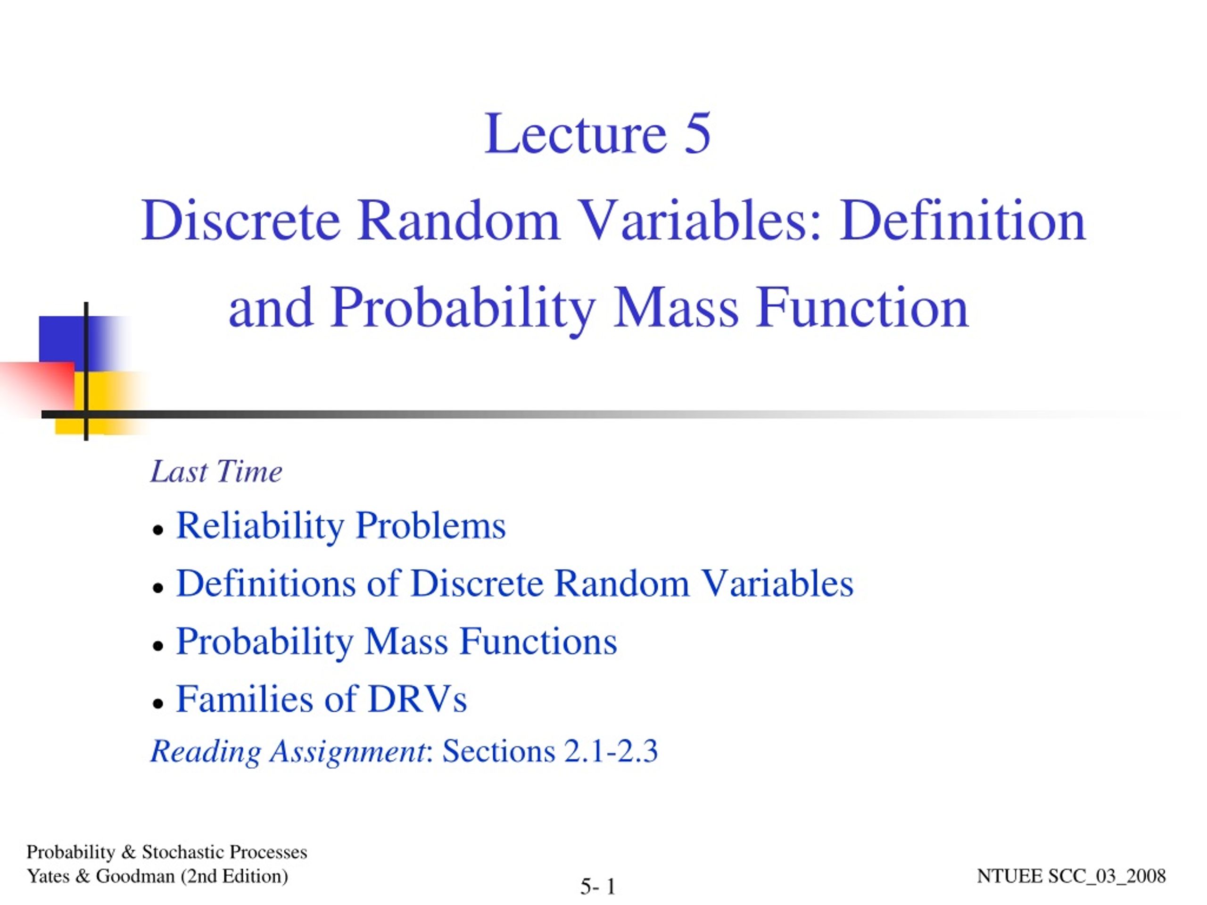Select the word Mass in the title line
676,308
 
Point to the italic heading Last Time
216,471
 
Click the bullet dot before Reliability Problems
158,530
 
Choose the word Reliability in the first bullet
260,526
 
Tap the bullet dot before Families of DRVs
158,704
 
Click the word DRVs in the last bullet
417,699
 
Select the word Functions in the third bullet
538,641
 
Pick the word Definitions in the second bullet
266,583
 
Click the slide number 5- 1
598,887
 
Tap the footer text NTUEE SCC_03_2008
1071,876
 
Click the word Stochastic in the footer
183,852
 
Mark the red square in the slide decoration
37,385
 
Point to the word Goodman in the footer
135,876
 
